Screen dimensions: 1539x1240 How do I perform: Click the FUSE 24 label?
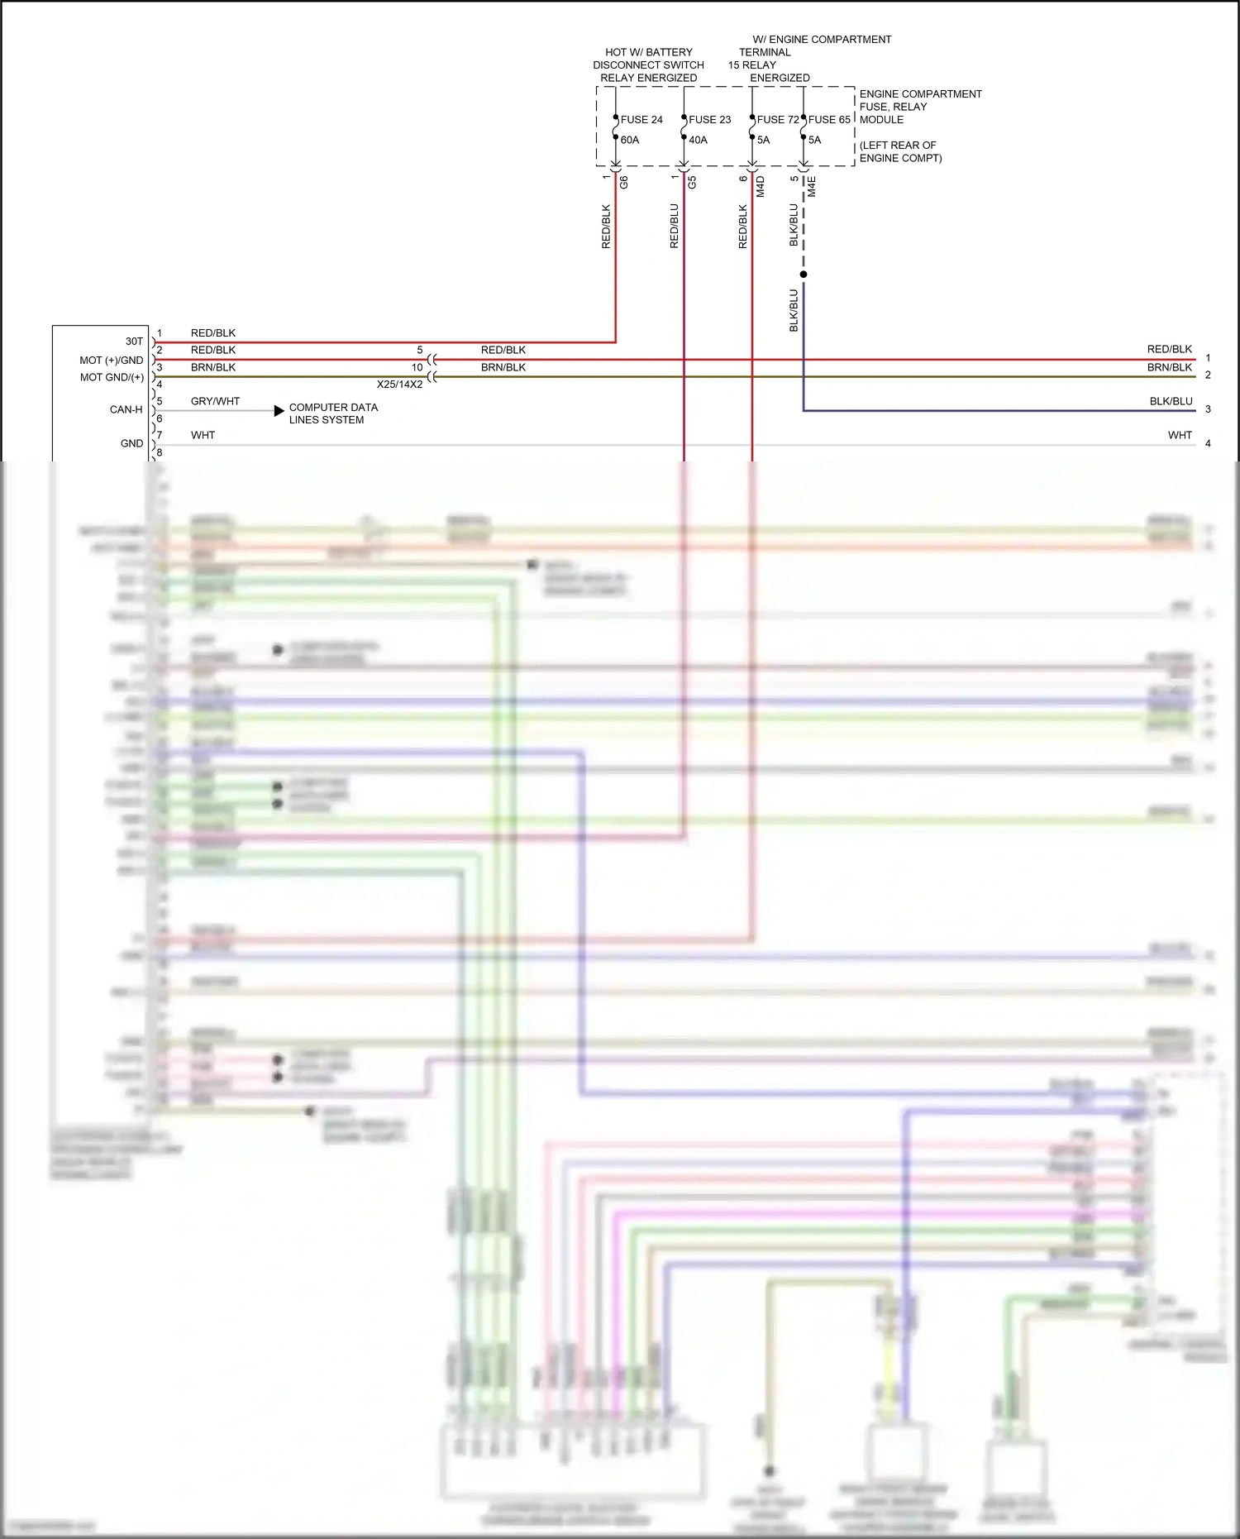[x=641, y=120]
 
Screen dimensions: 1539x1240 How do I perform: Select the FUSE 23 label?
[x=709, y=120]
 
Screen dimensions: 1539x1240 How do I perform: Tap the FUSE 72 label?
[x=778, y=120]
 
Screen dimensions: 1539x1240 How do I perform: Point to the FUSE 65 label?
[x=829, y=120]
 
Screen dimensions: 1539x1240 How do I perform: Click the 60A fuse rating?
[x=630, y=141]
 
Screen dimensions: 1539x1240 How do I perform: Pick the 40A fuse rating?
[x=698, y=141]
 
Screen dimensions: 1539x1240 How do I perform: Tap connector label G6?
[x=624, y=183]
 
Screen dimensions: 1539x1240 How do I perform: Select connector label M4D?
[x=761, y=186]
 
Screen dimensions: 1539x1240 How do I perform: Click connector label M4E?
[x=812, y=186]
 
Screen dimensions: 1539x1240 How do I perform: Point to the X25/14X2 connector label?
[x=399, y=385]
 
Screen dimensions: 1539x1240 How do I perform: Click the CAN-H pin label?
[x=126, y=410]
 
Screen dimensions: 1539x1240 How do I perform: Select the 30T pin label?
[x=134, y=342]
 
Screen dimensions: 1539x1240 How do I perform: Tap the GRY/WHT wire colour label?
[x=215, y=402]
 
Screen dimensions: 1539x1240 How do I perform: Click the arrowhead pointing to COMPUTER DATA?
[x=279, y=411]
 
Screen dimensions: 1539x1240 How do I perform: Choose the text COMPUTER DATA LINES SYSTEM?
[x=333, y=413]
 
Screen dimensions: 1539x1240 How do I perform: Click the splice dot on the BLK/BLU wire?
[x=804, y=275]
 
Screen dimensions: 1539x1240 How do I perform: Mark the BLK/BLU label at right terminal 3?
[x=1171, y=402]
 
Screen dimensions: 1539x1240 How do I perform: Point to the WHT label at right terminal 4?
[x=1180, y=436]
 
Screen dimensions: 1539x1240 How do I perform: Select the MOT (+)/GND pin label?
[x=112, y=361]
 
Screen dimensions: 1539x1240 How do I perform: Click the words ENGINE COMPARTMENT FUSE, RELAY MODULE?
[x=920, y=107]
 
